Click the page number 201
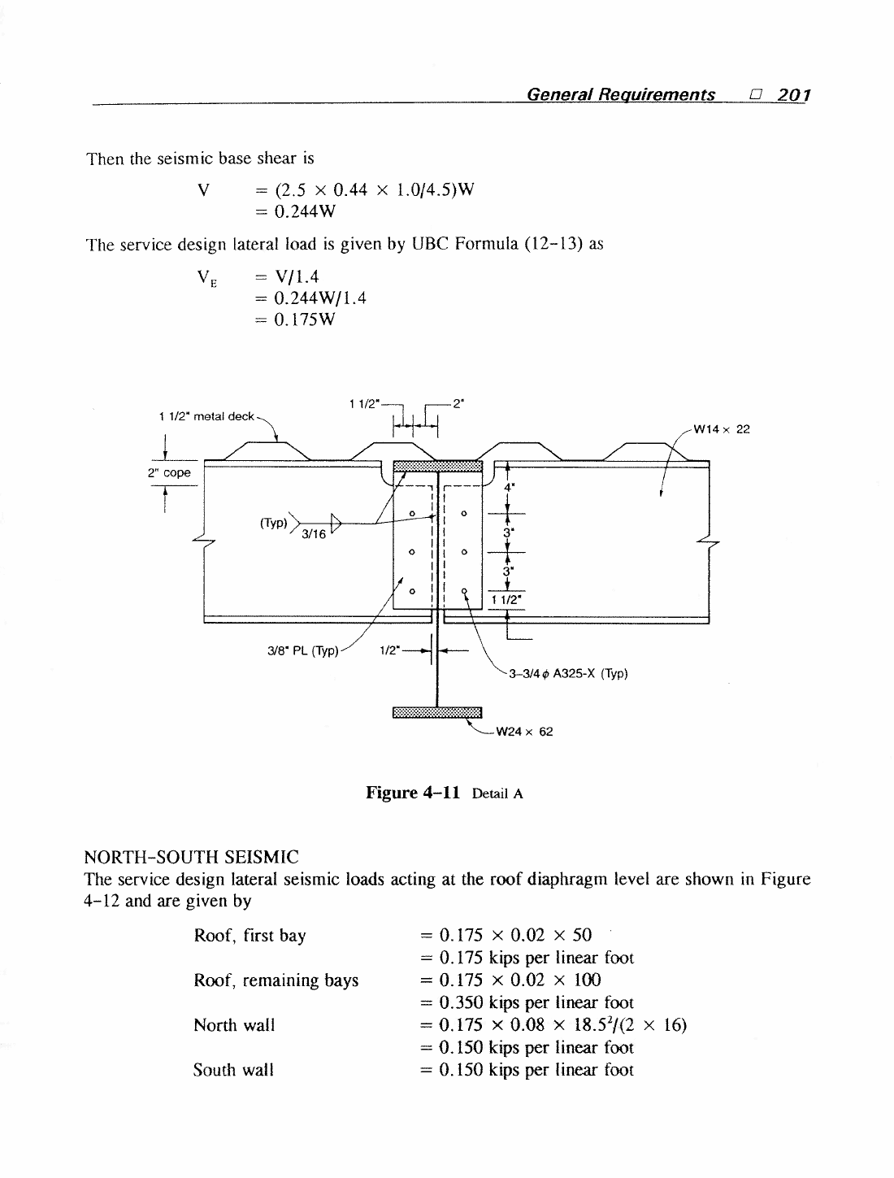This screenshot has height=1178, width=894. point(794,95)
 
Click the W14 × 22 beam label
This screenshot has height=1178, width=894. point(722,429)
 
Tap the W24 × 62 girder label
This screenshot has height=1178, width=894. point(524,732)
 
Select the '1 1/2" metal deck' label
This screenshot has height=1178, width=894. point(206,416)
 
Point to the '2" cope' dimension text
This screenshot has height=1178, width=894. point(169,473)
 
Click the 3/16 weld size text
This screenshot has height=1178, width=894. point(314,534)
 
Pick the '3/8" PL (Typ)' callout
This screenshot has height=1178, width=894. point(303,651)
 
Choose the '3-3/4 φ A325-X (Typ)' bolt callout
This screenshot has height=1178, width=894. point(568,673)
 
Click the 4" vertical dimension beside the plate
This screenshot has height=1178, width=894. point(509,487)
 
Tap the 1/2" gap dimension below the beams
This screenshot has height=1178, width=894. point(390,650)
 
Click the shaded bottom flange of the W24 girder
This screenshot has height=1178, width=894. point(437,712)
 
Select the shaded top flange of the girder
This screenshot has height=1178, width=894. point(437,467)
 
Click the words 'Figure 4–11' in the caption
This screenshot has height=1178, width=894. point(412,793)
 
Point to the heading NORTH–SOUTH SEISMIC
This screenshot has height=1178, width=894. point(192,857)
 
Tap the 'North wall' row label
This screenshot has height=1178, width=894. point(234,1025)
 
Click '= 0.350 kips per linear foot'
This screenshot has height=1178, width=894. point(527,1002)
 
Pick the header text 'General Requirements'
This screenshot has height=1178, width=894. point(620,95)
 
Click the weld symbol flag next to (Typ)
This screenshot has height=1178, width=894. point(336,523)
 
